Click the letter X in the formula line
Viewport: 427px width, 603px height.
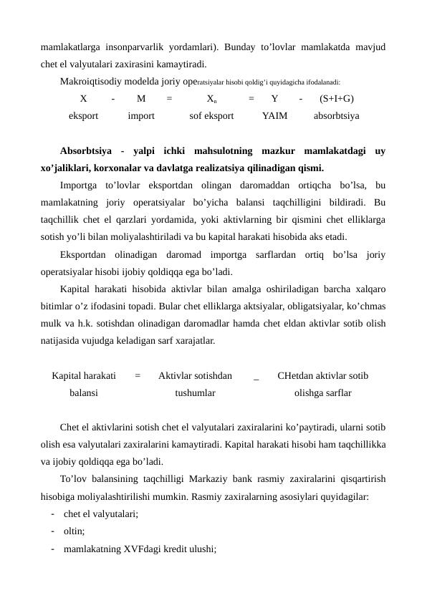[x=84, y=100]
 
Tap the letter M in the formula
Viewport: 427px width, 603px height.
[x=140, y=100]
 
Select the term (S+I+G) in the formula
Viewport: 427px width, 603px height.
[x=336, y=100]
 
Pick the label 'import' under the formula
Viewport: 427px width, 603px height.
[x=141, y=115]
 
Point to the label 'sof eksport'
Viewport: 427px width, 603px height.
[x=211, y=115]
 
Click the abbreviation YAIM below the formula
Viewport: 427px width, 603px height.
[x=275, y=115]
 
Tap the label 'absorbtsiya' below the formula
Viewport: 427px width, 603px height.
[x=337, y=115]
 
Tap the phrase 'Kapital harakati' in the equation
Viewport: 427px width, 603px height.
[x=85, y=375]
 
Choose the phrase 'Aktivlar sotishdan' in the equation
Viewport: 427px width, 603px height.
[x=195, y=375]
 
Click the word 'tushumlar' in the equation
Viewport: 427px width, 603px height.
[x=195, y=393]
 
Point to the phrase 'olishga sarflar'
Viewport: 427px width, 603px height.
[x=323, y=393]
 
